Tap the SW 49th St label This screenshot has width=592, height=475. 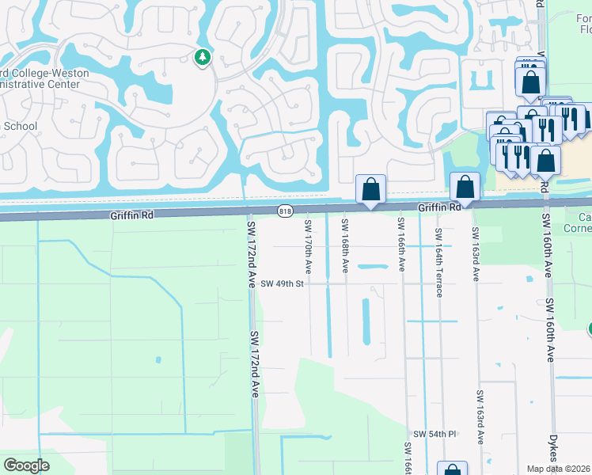coord(283,283)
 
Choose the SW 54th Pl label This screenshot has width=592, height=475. coord(435,435)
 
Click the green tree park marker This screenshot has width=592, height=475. coord(203,57)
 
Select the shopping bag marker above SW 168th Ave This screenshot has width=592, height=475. coord(370,189)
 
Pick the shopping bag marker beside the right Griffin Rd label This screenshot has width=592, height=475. coord(465,188)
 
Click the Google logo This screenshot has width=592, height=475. coord(26,465)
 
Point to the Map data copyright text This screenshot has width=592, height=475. coord(559,469)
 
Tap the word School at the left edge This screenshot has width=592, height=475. coord(21,126)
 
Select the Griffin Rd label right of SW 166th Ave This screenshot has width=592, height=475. coord(439,207)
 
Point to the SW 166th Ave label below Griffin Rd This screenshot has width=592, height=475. coord(401,245)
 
